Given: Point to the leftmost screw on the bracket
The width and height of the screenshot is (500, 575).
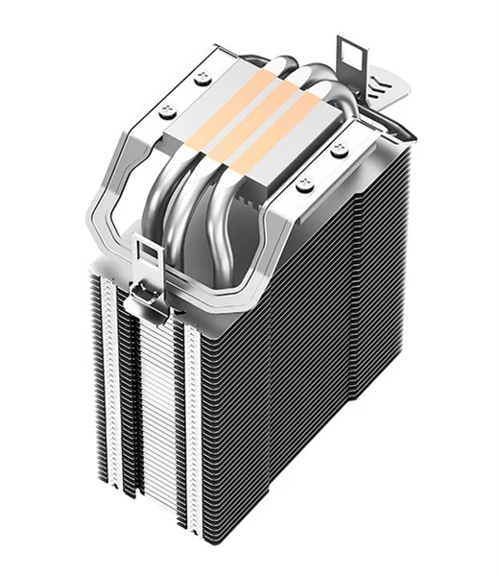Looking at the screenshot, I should click(171, 108).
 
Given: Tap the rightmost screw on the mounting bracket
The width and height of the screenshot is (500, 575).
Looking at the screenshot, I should click(338, 150).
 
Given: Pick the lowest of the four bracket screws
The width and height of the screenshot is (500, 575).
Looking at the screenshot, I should click(304, 183).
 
